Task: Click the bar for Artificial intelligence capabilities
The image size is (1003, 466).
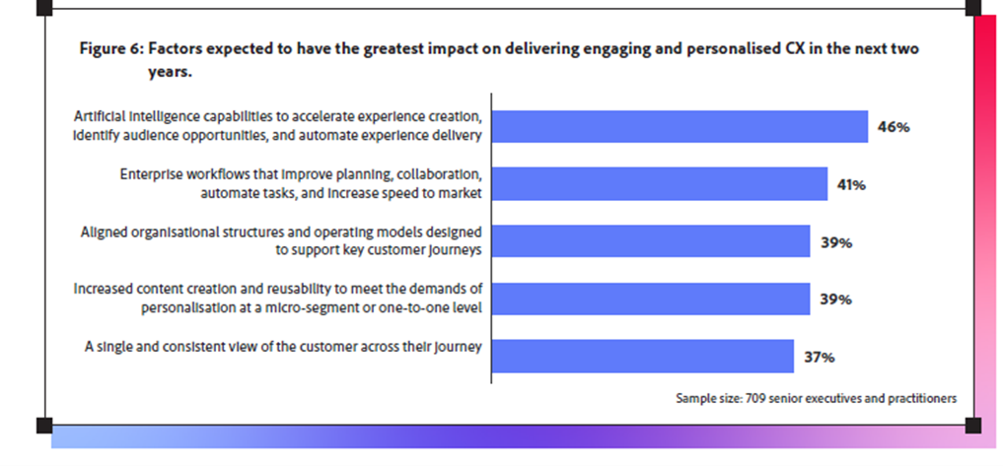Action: pos(679,126)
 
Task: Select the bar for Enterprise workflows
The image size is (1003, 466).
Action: pos(659,183)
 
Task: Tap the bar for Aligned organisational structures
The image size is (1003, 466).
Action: pos(650,241)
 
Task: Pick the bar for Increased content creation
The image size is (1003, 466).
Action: pos(650,299)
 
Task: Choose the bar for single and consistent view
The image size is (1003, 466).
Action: pos(642,356)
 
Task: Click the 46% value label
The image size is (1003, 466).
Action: pos(893,127)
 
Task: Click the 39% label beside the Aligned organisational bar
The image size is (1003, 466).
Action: pos(835,242)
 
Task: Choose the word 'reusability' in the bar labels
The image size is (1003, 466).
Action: pos(297,290)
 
